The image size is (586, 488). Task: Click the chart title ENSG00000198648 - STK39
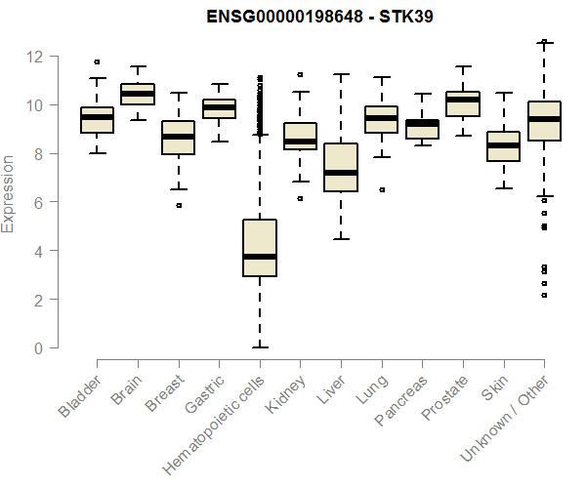click(319, 17)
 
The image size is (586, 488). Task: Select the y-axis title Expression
click(8, 194)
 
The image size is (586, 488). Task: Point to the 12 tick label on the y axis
click(34, 57)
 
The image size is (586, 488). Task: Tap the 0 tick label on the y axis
click(38, 348)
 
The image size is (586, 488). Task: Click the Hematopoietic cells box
click(260, 248)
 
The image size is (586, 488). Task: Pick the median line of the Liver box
click(341, 173)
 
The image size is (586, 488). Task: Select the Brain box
click(138, 94)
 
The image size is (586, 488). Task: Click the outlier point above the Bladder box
click(97, 62)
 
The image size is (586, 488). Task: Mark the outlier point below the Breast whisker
click(179, 205)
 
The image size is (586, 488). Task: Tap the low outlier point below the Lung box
click(382, 189)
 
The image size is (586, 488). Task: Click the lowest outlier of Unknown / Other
click(544, 296)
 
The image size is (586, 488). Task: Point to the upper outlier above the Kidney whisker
click(300, 75)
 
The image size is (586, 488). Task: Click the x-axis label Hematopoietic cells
click(214, 426)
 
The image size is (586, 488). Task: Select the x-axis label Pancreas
click(400, 400)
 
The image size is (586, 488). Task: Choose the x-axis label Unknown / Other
click(504, 418)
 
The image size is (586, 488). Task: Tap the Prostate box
click(463, 103)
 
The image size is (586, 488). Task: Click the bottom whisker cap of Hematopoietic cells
click(260, 347)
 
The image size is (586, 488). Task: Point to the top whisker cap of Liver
click(341, 74)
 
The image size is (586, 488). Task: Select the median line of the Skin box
click(504, 145)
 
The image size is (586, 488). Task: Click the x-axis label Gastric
click(205, 394)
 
